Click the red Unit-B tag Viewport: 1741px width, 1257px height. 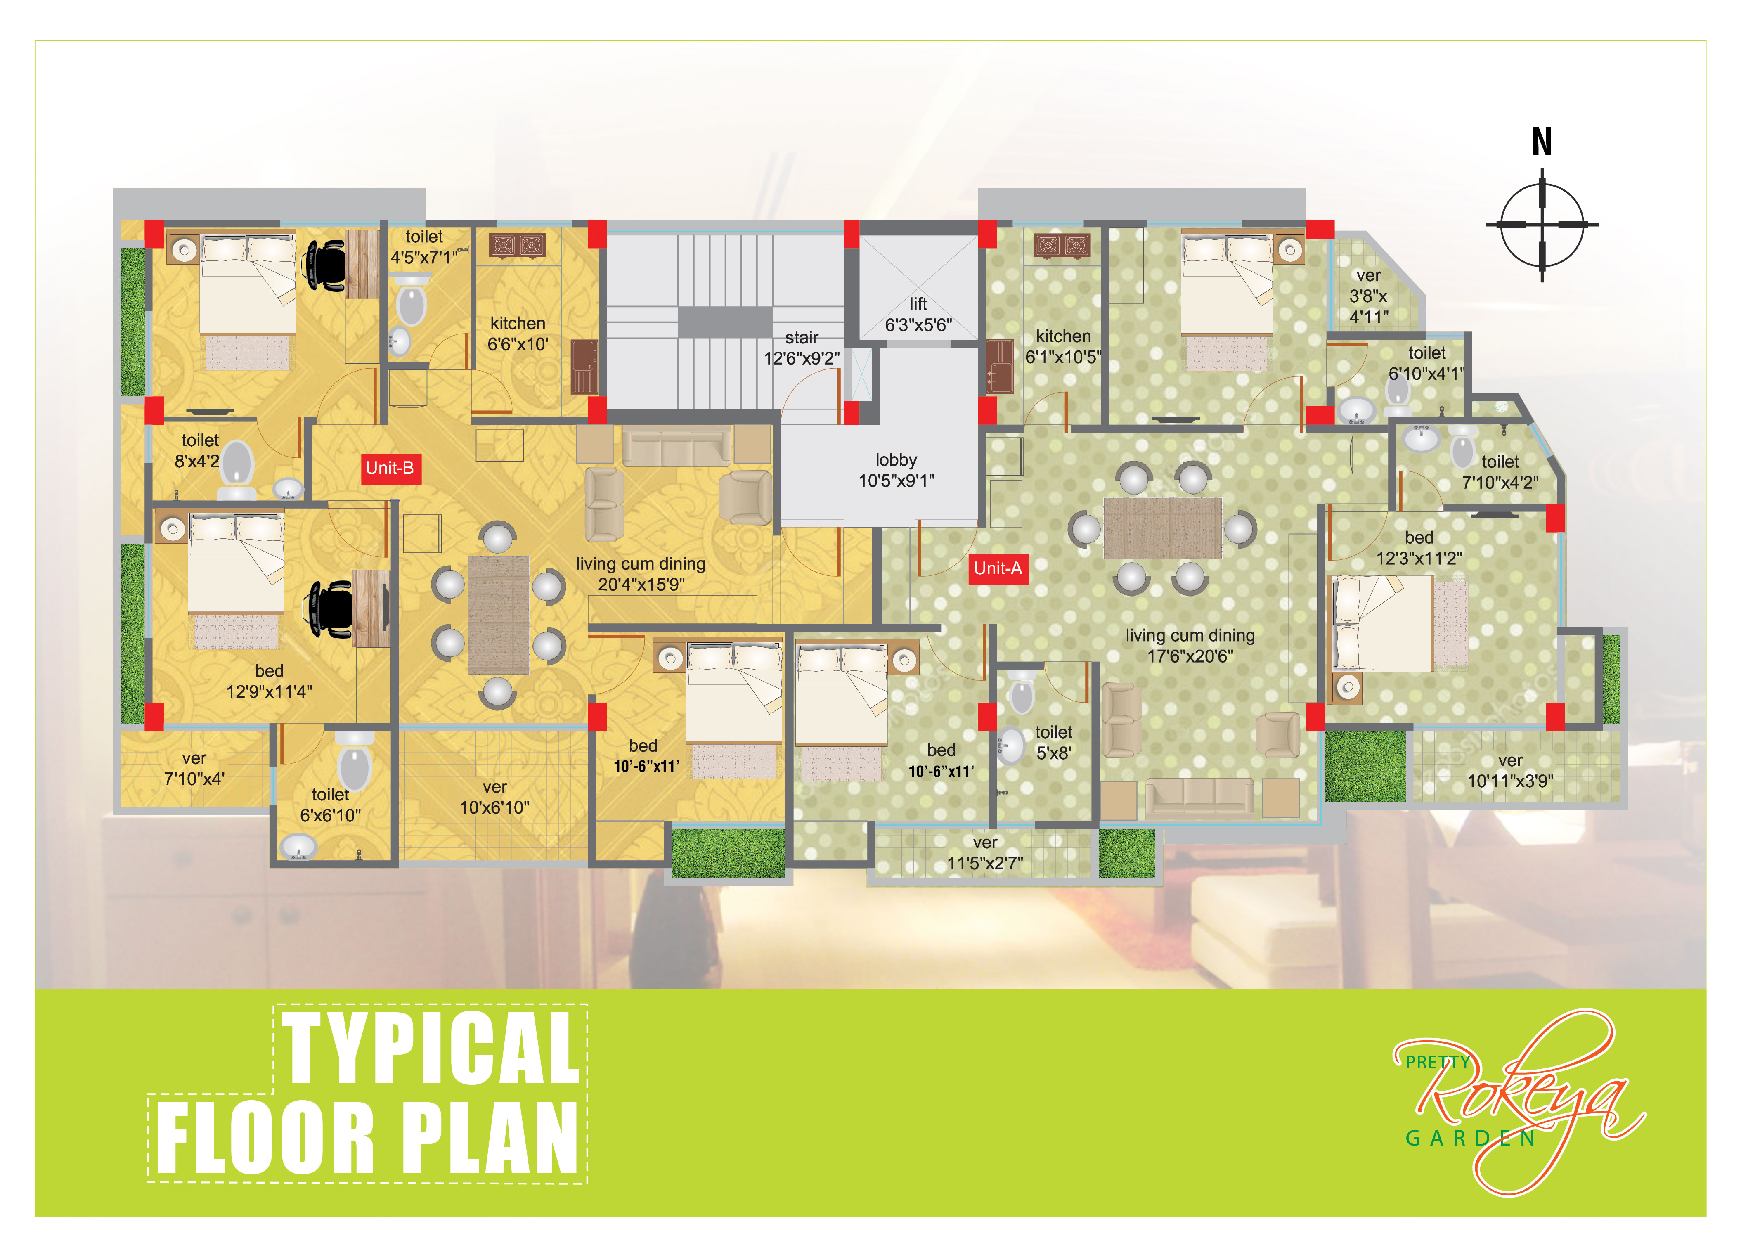pos(389,468)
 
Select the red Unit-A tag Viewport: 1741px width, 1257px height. pos(997,568)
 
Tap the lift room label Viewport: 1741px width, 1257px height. pos(918,314)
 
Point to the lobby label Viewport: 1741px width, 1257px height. pos(896,470)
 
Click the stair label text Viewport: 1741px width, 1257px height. pos(802,348)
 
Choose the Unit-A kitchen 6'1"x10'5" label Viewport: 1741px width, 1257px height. pos(1063,346)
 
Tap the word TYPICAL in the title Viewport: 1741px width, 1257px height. pos(431,1047)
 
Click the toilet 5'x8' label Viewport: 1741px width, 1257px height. pos(1053,743)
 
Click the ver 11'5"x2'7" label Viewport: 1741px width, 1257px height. pos(985,852)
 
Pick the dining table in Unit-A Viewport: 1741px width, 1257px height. pos(1162,528)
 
